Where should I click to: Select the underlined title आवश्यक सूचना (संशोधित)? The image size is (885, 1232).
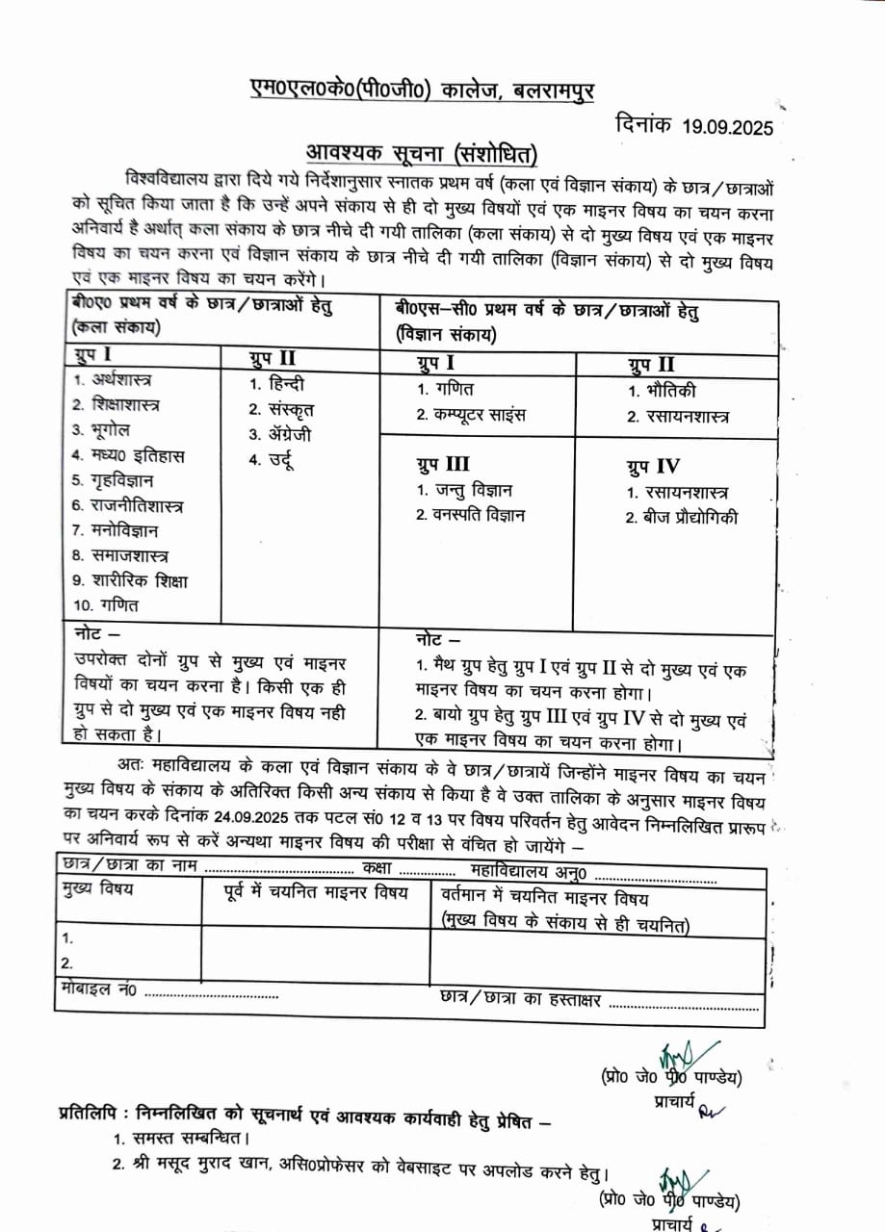(422, 153)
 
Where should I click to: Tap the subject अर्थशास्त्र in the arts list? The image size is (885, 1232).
(116, 379)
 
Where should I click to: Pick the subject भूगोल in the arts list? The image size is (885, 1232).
(101, 429)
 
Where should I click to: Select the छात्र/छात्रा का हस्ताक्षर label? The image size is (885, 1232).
(520, 999)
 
